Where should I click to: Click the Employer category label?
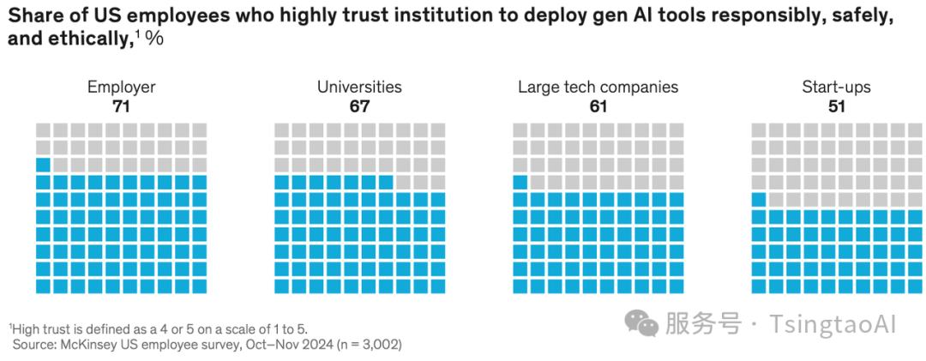[121, 87]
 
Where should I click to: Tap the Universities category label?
[359, 87]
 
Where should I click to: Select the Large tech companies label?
[598, 87]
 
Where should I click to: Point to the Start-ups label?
[836, 87]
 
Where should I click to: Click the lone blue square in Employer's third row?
[44, 165]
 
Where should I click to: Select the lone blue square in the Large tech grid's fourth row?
[520, 182]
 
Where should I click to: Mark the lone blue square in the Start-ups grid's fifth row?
[759, 200]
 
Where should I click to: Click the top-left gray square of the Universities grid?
[282, 130]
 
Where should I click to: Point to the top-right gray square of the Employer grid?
[200, 130]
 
